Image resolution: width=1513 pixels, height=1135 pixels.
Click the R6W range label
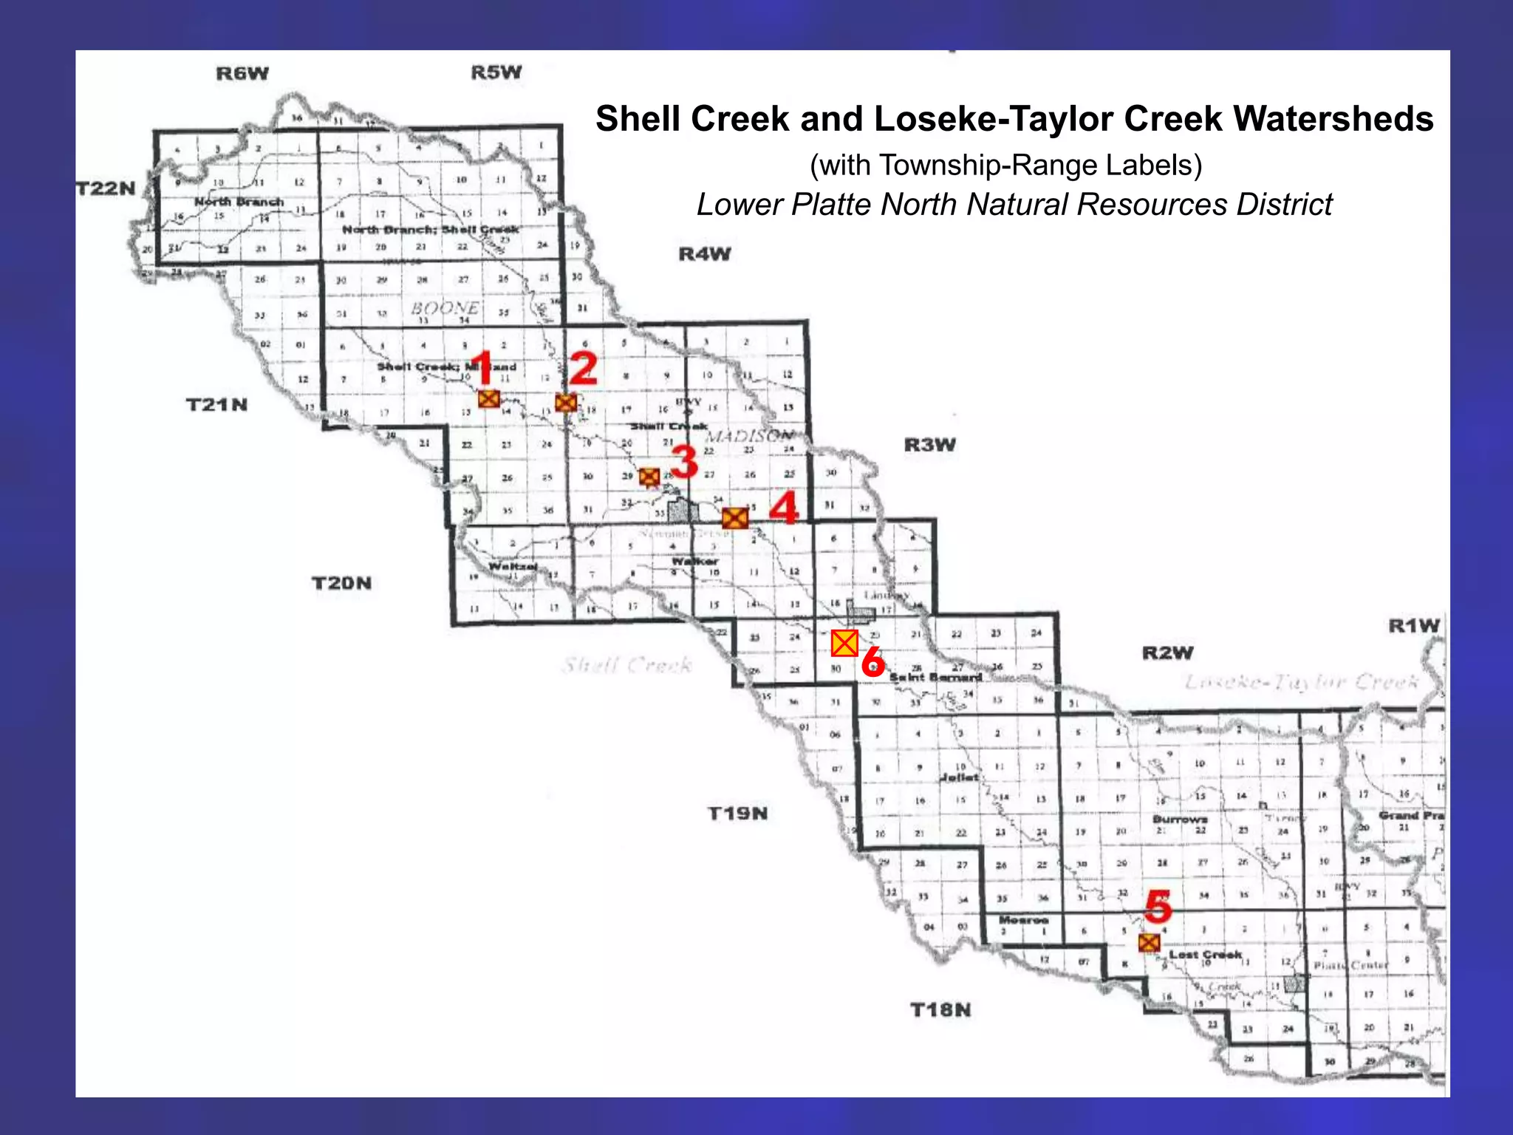pyautogui.click(x=242, y=73)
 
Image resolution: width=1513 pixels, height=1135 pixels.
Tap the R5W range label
pyautogui.click(x=496, y=72)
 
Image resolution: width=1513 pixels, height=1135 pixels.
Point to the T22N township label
pyautogui.click(x=107, y=188)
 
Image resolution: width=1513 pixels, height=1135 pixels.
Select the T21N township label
pyautogui.click(x=216, y=405)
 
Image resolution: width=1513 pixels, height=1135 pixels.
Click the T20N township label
pyautogui.click(x=341, y=584)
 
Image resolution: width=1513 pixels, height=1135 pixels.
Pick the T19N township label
pyautogui.click(x=738, y=814)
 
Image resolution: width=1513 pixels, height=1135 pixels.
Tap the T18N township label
pyautogui.click(x=940, y=1009)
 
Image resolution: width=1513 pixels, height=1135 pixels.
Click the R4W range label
pyautogui.click(x=705, y=254)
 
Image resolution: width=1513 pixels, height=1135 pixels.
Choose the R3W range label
pyautogui.click(x=930, y=445)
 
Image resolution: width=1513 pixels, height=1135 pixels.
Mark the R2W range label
pyautogui.click(x=1168, y=653)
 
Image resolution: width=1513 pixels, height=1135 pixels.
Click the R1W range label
pyautogui.click(x=1414, y=626)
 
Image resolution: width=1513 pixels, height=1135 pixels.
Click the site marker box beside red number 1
pyautogui.click(x=488, y=399)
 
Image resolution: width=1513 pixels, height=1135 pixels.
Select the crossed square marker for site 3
pyautogui.click(x=649, y=477)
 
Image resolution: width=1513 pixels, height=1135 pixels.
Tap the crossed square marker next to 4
pyautogui.click(x=735, y=517)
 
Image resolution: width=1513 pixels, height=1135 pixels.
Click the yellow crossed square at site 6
pyautogui.click(x=844, y=644)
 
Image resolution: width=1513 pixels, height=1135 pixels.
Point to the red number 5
pyautogui.click(x=1158, y=906)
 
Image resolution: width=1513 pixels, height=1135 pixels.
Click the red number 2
pyautogui.click(x=583, y=368)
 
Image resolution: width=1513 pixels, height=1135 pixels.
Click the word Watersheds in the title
pyautogui.click(x=1333, y=119)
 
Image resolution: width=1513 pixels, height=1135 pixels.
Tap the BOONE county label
pyautogui.click(x=445, y=307)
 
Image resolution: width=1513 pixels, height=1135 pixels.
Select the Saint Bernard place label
pyautogui.click(x=935, y=678)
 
